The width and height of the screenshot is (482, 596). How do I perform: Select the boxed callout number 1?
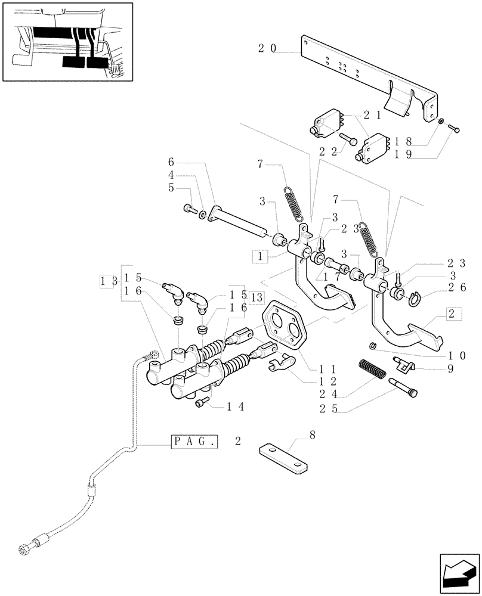260,256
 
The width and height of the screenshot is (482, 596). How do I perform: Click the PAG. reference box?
196,442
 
